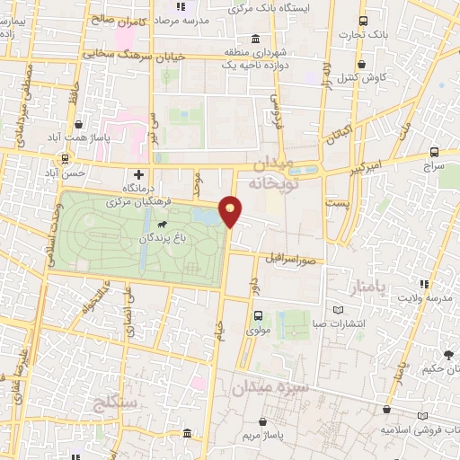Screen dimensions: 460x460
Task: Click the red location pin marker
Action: [x=232, y=210]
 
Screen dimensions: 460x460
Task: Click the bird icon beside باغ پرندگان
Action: [x=160, y=225]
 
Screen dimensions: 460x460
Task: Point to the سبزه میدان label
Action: [x=270, y=388]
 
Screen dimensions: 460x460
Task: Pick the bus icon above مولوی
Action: [x=259, y=315]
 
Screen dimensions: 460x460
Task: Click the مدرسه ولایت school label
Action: [x=424, y=297]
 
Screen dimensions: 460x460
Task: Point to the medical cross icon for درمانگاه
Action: [x=138, y=174]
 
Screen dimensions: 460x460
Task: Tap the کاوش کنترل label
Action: [x=363, y=78]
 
